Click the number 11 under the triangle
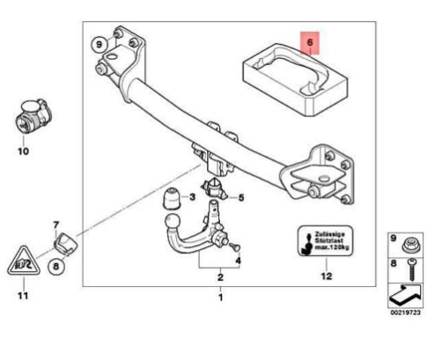[23, 293]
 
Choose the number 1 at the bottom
[220, 298]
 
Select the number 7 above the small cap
[55, 224]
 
